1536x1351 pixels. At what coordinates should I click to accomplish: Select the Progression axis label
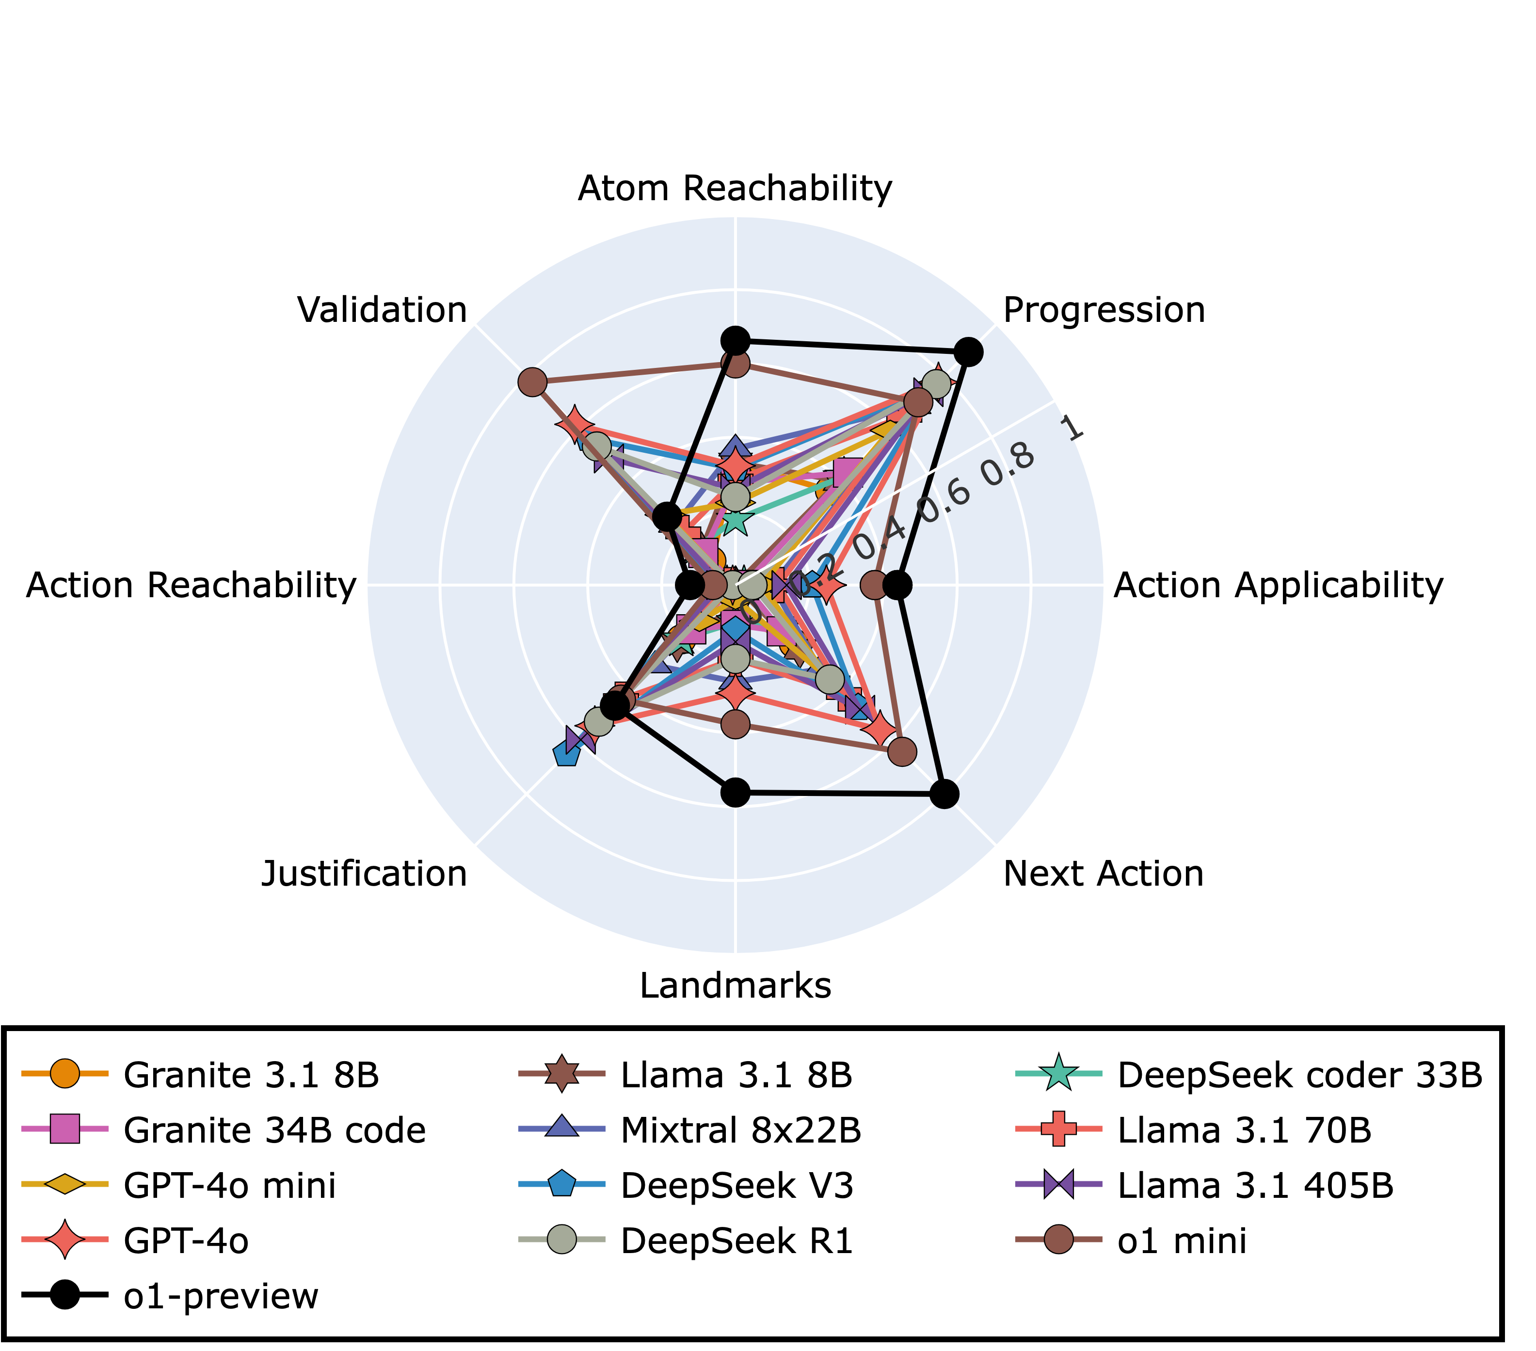click(1103, 310)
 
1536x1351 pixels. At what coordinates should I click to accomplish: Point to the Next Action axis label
click(1103, 874)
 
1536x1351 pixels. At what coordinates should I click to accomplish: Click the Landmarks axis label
click(735, 985)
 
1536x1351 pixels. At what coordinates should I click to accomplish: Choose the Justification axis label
click(364, 874)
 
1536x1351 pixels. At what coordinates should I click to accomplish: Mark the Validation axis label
click(382, 310)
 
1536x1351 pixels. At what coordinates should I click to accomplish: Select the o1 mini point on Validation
click(532, 381)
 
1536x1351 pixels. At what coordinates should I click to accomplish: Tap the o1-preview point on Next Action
click(944, 794)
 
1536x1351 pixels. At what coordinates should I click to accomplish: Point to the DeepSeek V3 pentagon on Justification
click(566, 754)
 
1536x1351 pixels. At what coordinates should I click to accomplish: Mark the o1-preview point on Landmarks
click(736, 792)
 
